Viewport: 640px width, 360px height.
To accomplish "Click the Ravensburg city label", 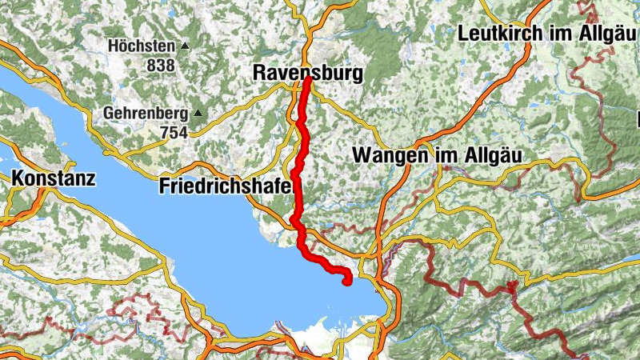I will click(307, 73).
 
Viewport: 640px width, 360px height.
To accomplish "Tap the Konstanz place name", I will click(54, 178).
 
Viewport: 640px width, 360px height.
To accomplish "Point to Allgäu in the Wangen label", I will click(482, 154).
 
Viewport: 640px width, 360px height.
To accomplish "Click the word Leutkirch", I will click(501, 34).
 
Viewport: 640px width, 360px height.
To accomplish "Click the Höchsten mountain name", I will click(141, 46).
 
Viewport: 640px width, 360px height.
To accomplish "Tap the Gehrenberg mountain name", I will click(145, 114).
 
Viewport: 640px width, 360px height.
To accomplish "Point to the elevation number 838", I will click(161, 65).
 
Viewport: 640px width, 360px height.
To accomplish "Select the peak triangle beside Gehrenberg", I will click(198, 114).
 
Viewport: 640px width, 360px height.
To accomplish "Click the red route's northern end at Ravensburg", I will click(307, 79).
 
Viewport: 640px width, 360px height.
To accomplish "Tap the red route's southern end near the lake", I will click(346, 282).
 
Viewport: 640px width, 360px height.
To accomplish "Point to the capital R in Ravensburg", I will click(258, 73).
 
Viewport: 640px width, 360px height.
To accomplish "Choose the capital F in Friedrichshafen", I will click(165, 186).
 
